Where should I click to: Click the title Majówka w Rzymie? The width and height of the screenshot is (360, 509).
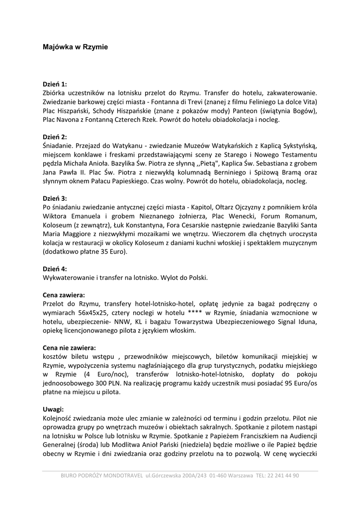(75, 47)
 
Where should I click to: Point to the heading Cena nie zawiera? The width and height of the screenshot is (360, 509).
(70, 347)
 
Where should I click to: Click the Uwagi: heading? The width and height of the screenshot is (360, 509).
(53, 409)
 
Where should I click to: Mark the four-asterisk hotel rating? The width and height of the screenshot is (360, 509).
(194, 313)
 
